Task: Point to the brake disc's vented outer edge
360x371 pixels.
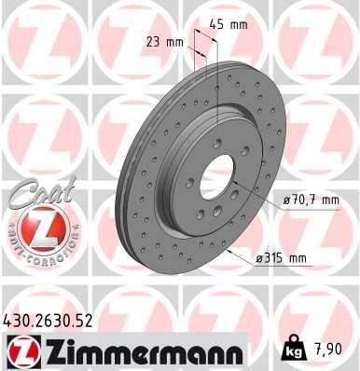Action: pyautogui.click(x=124, y=186)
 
